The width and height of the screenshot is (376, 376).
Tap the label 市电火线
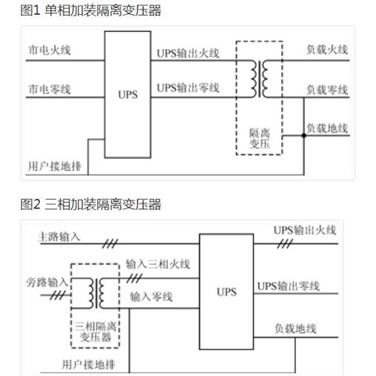pyautogui.click(x=49, y=49)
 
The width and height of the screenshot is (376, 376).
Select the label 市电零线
pyautogui.click(x=49, y=89)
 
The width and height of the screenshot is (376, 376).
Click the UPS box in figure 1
pyautogui.click(x=127, y=95)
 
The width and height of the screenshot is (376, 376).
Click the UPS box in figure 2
pyautogui.click(x=226, y=292)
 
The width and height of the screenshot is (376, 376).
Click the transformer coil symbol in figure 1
pyautogui.click(x=258, y=76)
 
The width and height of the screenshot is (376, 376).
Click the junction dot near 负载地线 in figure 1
pyautogui.click(x=304, y=136)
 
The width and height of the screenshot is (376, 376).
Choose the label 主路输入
pyautogui.click(x=60, y=236)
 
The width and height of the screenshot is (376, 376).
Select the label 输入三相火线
pyautogui.click(x=157, y=266)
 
